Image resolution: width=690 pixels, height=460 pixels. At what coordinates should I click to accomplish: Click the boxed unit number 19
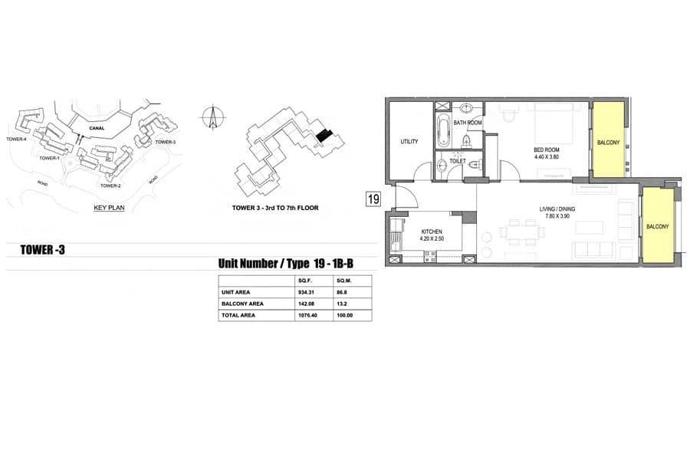(373, 199)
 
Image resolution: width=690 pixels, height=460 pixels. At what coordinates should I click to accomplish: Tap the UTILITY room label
(409, 142)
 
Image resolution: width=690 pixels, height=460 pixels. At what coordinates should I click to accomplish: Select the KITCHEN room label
(431, 232)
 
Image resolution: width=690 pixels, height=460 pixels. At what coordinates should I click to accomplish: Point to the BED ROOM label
(546, 150)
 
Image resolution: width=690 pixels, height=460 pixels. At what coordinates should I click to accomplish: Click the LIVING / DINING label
(557, 209)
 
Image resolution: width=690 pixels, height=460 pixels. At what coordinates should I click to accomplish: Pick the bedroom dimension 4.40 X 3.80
(546, 156)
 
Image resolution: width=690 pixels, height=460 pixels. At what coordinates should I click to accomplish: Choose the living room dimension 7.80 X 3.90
(557, 216)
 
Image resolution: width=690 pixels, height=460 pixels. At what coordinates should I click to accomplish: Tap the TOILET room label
(457, 161)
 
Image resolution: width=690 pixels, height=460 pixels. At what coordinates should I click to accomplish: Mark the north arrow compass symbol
(213, 117)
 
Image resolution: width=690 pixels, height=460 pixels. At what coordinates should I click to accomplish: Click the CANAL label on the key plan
(97, 129)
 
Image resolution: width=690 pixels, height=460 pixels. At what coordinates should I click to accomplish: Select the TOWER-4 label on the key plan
(16, 140)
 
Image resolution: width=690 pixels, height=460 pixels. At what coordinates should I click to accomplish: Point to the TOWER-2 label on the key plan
(110, 186)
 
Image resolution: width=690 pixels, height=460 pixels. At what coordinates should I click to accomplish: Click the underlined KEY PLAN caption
(109, 209)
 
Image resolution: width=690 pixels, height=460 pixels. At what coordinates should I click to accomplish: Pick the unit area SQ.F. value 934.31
(305, 292)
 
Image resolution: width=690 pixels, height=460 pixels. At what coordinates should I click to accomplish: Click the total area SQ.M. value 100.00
(344, 315)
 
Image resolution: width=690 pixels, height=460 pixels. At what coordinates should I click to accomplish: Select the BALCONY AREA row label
(242, 304)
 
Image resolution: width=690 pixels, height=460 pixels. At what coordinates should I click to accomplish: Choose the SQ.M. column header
(344, 281)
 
